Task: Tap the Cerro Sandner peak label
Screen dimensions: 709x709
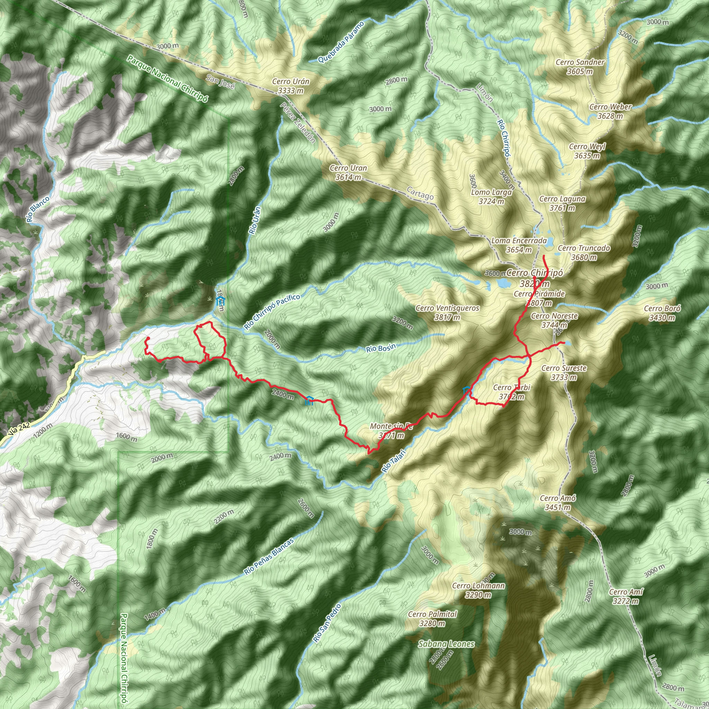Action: coord(580,67)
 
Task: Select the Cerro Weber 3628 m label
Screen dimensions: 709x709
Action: coord(610,111)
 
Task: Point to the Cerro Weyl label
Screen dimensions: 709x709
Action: coord(587,151)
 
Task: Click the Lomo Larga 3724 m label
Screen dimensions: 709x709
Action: coord(491,197)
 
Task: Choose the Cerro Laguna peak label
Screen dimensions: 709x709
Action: coord(562,203)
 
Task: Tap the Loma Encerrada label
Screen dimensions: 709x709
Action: coord(519,245)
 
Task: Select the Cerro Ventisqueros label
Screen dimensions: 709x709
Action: coord(447,313)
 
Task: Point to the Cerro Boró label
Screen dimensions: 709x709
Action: coord(662,313)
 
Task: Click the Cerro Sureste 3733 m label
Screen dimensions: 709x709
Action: coord(564,373)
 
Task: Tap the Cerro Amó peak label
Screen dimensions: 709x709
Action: coord(557,503)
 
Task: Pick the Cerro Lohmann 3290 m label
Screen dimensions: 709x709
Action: coord(478,590)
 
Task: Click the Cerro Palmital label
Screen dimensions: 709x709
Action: coord(432,619)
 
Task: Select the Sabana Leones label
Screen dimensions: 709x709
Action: coord(446,644)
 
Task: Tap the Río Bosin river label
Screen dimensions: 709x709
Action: coord(381,348)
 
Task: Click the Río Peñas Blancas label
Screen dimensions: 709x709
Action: coord(269,557)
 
